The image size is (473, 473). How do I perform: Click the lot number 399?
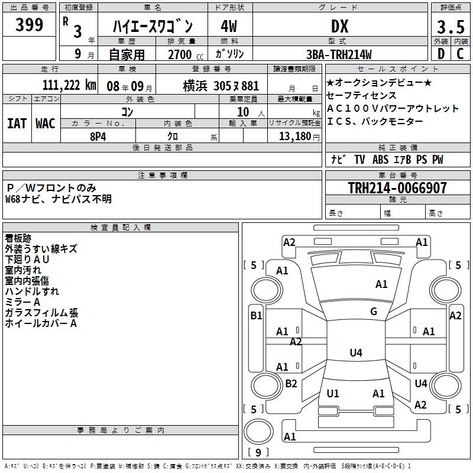point(30,25)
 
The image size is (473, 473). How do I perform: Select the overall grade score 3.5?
point(450,27)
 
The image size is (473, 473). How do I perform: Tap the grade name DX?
point(339,26)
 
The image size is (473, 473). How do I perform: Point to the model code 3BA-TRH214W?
point(339,54)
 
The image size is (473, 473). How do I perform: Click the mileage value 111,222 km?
point(69,85)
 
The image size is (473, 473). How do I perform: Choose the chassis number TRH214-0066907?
point(397,188)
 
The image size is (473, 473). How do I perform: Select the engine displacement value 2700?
point(180,54)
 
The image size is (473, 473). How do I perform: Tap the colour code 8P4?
point(98,135)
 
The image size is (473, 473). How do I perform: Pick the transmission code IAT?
point(17,124)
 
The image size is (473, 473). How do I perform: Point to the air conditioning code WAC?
point(45,124)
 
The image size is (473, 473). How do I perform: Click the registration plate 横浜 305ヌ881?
point(221,85)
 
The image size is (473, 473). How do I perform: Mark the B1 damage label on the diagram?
point(256,316)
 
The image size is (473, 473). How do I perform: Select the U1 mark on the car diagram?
point(333,393)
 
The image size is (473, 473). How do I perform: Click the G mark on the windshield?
point(374,312)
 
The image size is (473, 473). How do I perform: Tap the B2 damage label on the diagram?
point(291,384)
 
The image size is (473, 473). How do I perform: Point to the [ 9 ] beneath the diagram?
point(258,452)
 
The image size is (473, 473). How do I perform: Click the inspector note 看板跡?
point(18,238)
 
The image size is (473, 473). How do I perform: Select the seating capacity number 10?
point(244,112)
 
